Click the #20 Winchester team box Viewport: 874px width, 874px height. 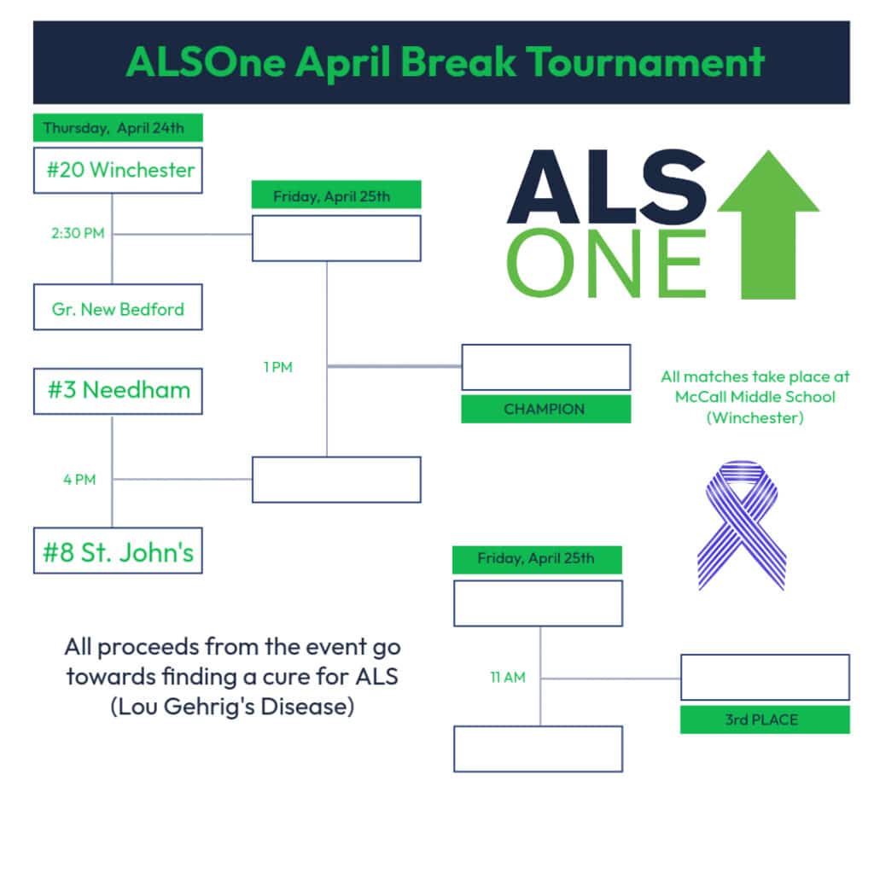[118, 171]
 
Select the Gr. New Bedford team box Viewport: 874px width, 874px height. [118, 307]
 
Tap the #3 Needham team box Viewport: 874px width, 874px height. [118, 391]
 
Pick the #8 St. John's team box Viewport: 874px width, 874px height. [118, 551]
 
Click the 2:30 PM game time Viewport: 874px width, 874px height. [78, 233]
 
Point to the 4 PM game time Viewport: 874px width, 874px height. [79, 480]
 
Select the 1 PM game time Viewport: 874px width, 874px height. [278, 367]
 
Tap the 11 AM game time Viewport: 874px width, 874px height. [508, 677]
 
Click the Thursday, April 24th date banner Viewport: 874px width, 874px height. [118, 128]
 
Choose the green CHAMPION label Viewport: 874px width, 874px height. [545, 409]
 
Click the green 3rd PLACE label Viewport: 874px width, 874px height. [765, 720]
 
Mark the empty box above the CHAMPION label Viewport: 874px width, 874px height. [545, 367]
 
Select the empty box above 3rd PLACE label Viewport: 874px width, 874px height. [765, 677]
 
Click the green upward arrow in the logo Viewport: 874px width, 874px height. [768, 224]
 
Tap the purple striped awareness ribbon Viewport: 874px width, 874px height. [742, 525]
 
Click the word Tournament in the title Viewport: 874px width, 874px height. [645, 61]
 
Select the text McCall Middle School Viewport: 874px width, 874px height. [755, 397]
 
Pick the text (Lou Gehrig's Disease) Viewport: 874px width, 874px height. [232, 707]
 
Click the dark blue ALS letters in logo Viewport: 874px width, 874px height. [607, 187]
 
